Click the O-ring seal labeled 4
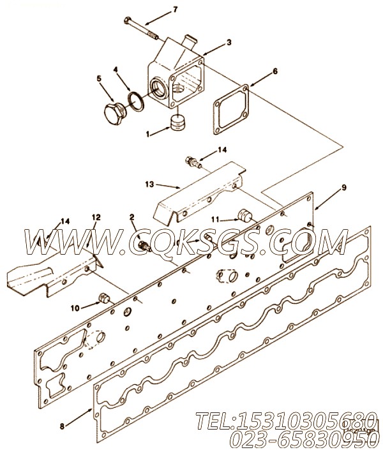[135, 100]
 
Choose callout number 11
[216, 219]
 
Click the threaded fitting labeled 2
[142, 245]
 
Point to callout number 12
[96, 217]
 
